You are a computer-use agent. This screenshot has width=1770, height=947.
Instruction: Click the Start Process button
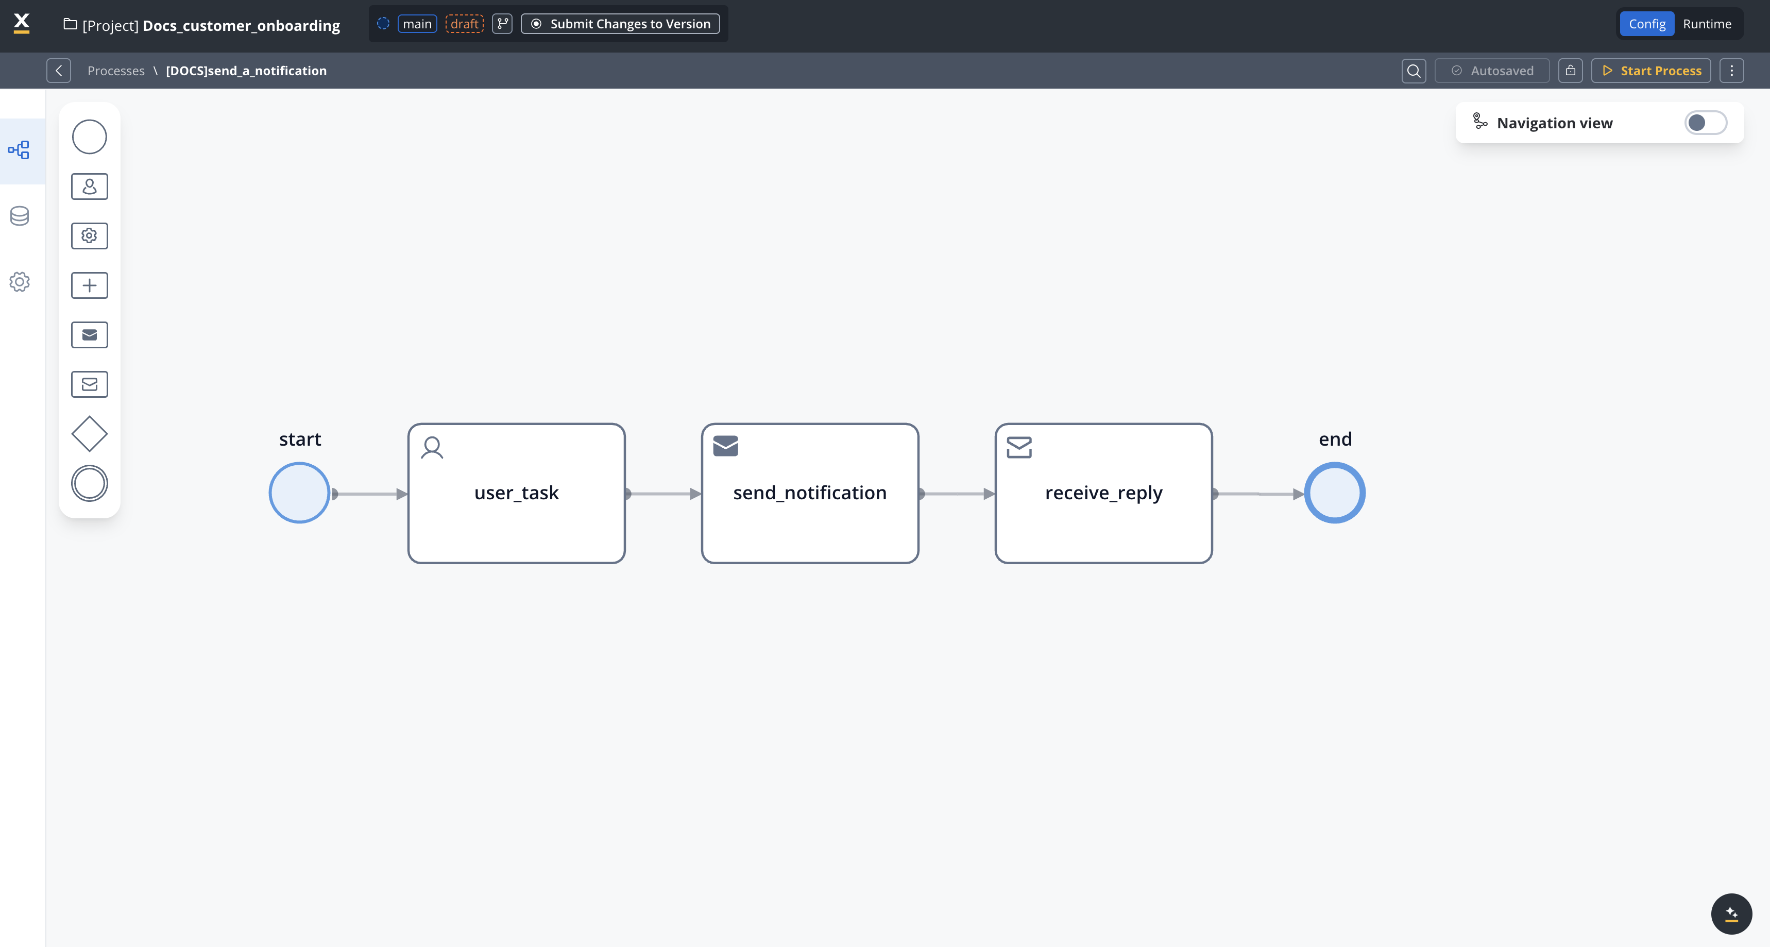point(1650,71)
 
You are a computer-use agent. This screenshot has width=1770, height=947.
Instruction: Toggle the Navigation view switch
point(1706,123)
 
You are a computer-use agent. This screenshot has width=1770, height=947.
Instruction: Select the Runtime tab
point(1707,24)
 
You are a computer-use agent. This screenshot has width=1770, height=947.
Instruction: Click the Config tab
point(1647,24)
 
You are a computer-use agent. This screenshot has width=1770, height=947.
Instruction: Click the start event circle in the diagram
point(300,493)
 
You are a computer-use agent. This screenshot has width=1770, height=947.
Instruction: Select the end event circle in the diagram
point(1334,493)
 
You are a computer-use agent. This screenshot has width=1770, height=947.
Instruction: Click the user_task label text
point(517,493)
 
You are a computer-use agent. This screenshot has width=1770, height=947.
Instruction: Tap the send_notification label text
point(809,493)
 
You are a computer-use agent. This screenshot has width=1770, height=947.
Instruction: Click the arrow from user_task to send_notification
point(663,494)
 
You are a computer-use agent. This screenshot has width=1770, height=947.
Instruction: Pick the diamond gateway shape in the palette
point(89,434)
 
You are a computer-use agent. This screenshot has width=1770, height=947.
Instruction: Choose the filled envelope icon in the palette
point(89,335)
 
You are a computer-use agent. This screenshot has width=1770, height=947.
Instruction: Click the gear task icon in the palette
point(89,235)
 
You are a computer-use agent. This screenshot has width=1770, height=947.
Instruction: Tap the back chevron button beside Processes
point(58,71)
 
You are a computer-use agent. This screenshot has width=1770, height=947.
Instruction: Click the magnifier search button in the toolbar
point(1414,71)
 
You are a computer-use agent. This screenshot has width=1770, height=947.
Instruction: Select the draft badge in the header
point(465,24)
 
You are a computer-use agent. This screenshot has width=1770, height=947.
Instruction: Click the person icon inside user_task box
point(432,447)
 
